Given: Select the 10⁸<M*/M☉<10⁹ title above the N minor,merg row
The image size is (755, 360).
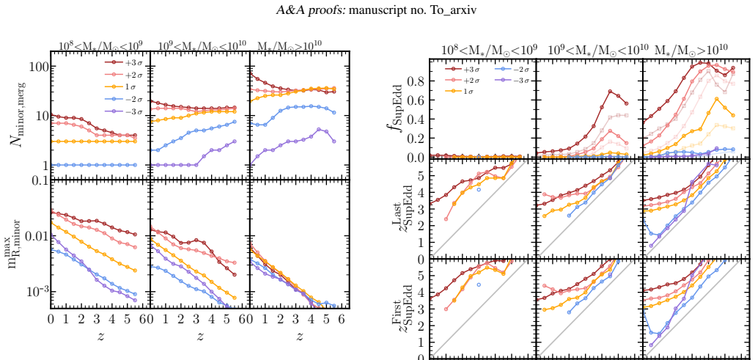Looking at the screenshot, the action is click(x=100, y=46).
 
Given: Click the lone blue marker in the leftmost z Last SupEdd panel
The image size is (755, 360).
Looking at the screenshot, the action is click(x=479, y=189).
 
